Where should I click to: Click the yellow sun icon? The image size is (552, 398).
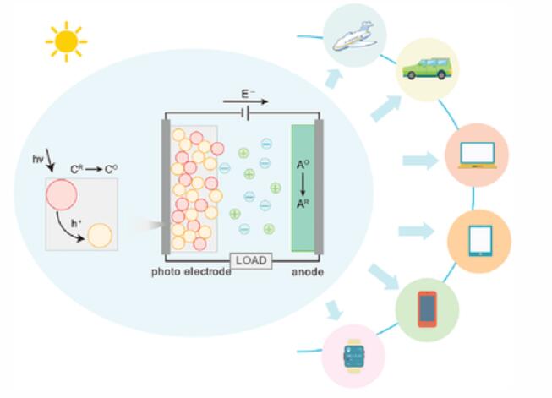[66, 41]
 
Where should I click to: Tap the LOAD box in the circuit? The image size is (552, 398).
[251, 261]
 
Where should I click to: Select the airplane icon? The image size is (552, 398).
[355, 36]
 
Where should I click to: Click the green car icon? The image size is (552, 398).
[428, 69]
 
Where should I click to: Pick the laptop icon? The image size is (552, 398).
[478, 155]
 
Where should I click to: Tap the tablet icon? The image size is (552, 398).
[480, 241]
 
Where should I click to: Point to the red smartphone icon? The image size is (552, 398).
[428, 309]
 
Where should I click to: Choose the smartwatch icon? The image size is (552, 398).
[353, 356]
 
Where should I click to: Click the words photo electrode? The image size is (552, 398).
[191, 272]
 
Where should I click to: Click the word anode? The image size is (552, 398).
[308, 272]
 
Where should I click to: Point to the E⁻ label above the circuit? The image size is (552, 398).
[249, 94]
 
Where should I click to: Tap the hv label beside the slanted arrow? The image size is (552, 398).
[38, 160]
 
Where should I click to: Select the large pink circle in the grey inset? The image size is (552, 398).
[61, 194]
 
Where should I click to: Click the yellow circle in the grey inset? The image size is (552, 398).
[100, 236]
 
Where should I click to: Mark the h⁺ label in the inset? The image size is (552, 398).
[76, 223]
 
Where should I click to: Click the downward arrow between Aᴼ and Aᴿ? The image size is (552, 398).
[303, 184]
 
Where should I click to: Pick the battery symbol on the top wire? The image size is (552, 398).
[245, 113]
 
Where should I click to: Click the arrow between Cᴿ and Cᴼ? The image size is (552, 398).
[94, 169]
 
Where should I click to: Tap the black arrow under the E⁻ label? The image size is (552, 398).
[245, 102]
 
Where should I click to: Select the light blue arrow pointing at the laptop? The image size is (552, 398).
[420, 161]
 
